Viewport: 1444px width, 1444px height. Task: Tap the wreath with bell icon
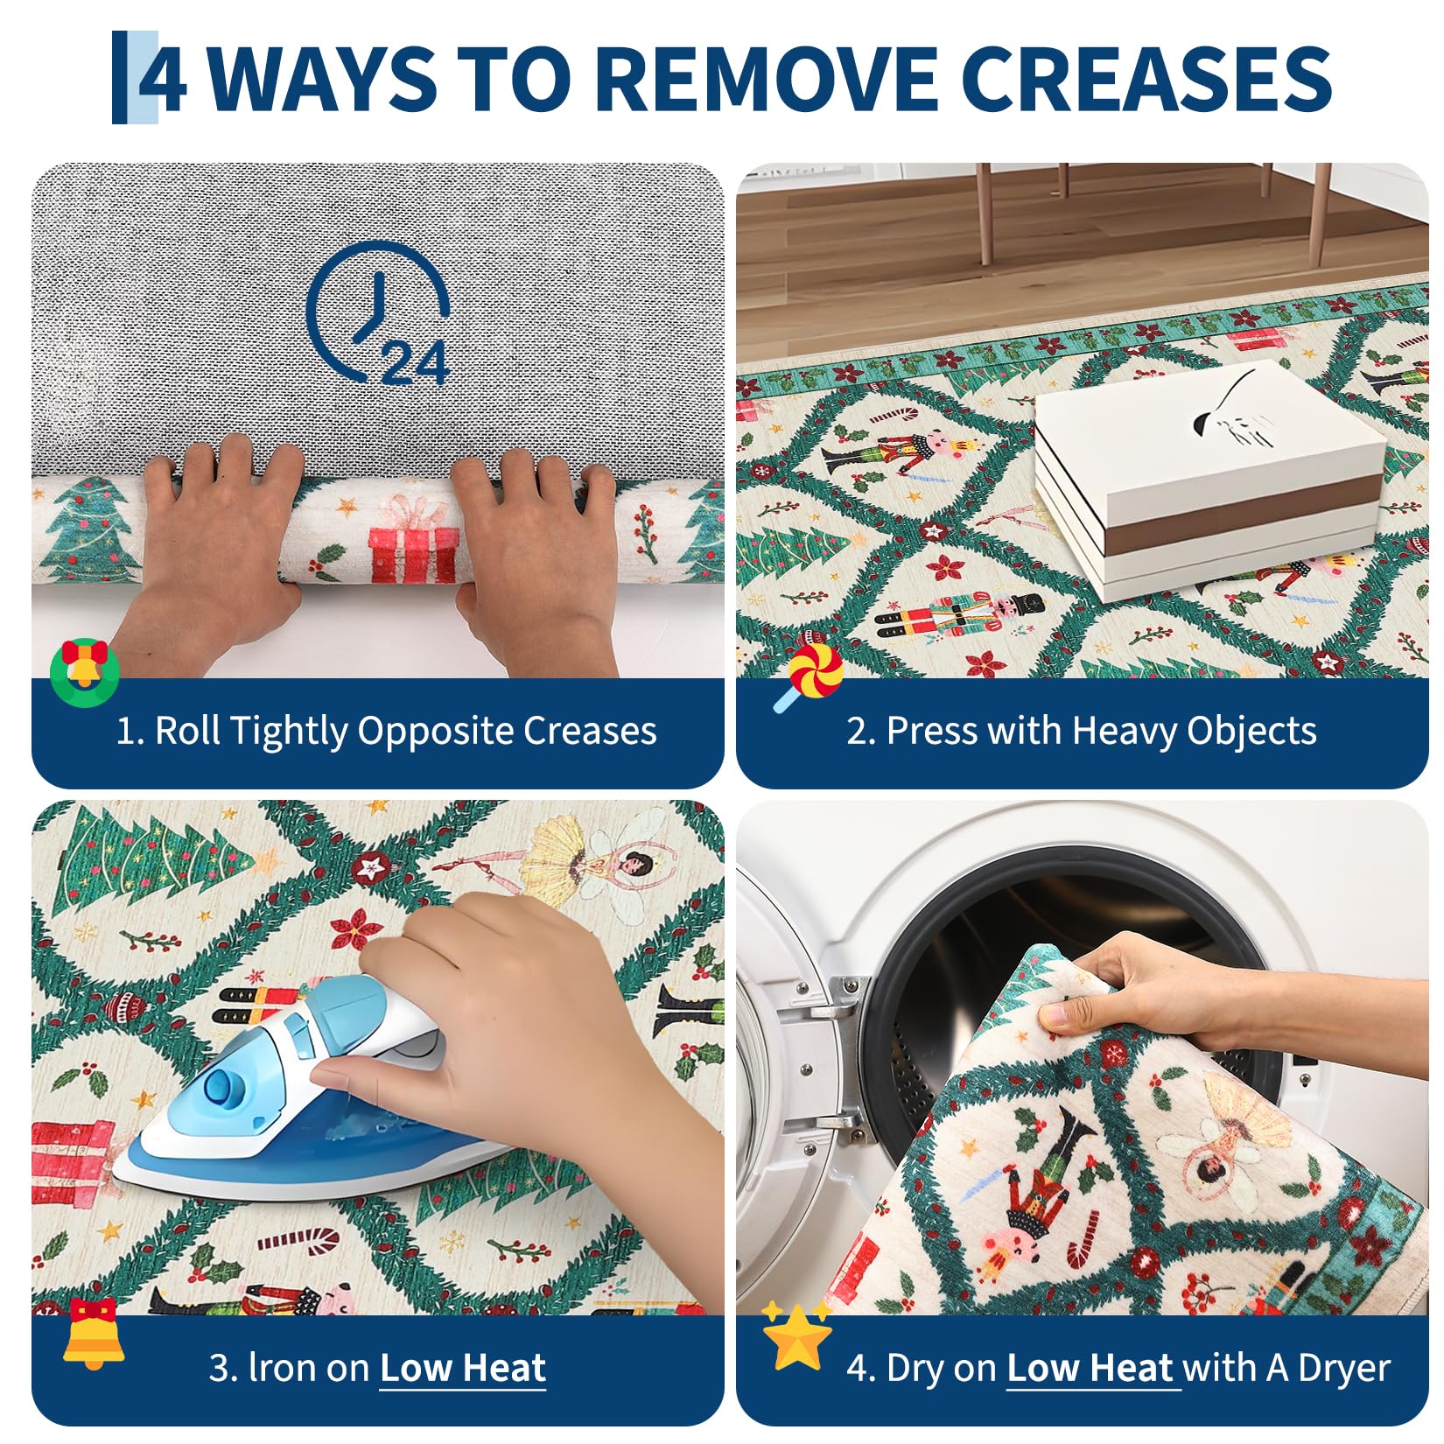(x=84, y=673)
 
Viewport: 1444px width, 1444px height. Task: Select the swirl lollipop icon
(x=809, y=677)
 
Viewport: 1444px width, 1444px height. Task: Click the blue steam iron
(x=298, y=1094)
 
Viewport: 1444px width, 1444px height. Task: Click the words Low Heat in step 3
(x=463, y=1367)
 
